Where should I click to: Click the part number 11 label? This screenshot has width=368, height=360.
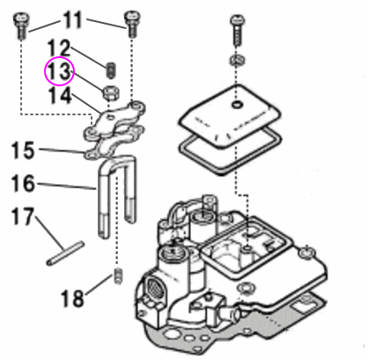click(72, 20)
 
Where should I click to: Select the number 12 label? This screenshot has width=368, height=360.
click(59, 48)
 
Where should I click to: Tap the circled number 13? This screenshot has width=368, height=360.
click(59, 71)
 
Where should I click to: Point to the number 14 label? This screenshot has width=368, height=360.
click(60, 95)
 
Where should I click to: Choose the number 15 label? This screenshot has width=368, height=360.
click(23, 151)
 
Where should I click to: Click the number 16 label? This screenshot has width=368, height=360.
click(23, 183)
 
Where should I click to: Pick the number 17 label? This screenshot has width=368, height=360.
click(23, 217)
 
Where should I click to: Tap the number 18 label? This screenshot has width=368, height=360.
click(72, 298)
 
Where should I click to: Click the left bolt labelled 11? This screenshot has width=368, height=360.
click(21, 26)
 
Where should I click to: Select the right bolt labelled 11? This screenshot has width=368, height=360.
click(132, 25)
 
